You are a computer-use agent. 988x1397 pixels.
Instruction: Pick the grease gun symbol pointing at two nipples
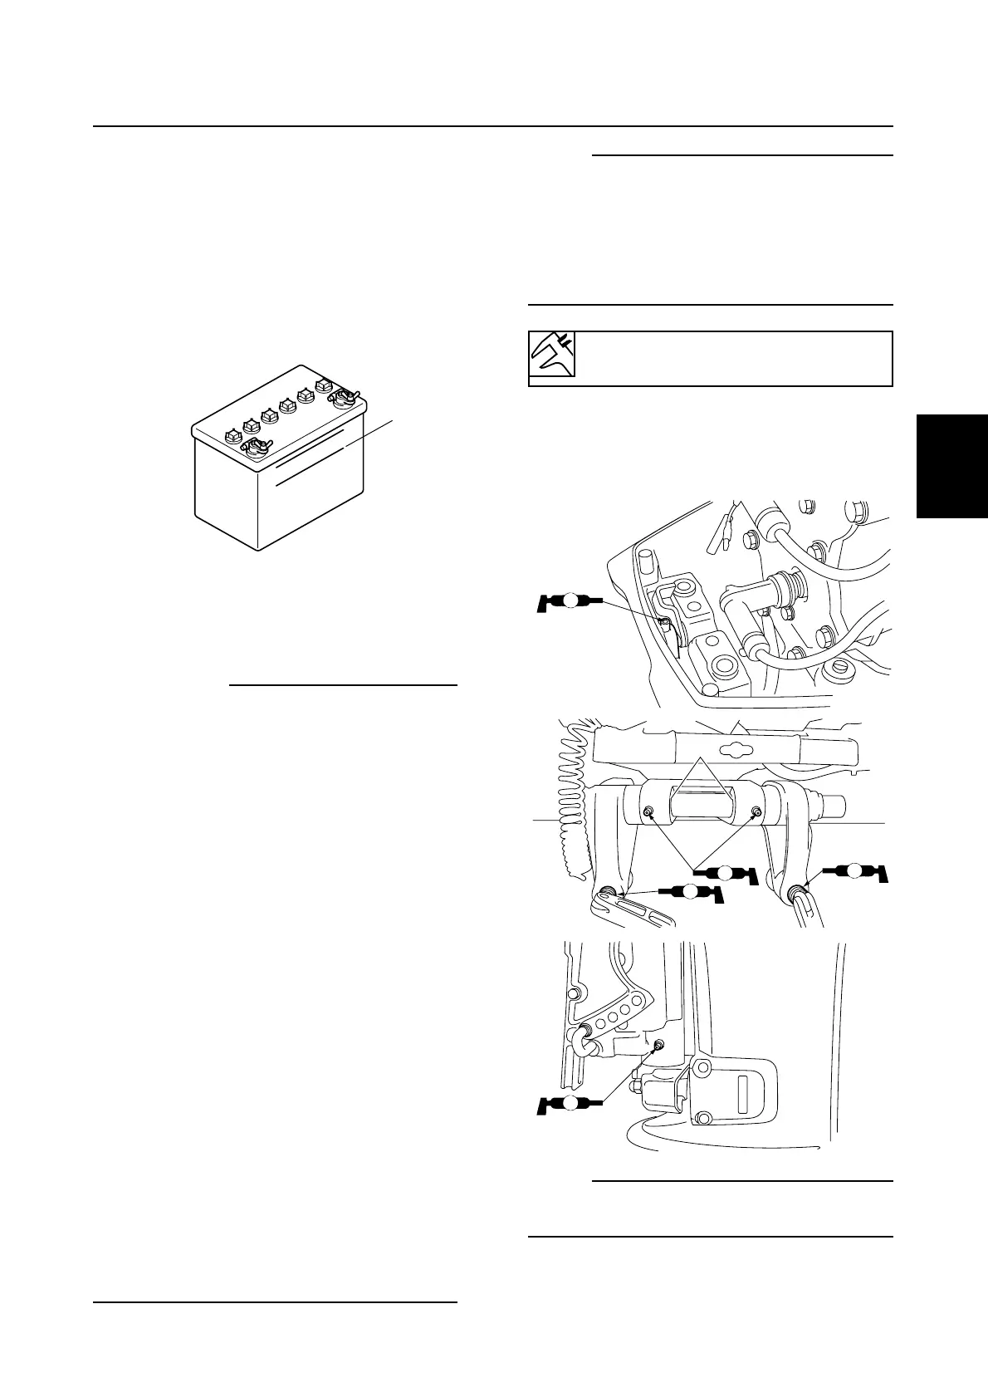point(725,873)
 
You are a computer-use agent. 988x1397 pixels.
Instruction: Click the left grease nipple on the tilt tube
point(648,812)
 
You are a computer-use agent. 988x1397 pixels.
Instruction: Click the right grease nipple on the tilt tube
point(756,811)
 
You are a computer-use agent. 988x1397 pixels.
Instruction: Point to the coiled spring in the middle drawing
point(576,797)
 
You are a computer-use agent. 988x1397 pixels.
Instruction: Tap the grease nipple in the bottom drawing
point(658,1046)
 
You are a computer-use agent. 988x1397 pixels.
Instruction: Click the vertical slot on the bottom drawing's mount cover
point(745,1066)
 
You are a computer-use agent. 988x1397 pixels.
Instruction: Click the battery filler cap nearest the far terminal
point(323,386)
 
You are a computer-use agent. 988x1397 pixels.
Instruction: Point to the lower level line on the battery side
point(311,474)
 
